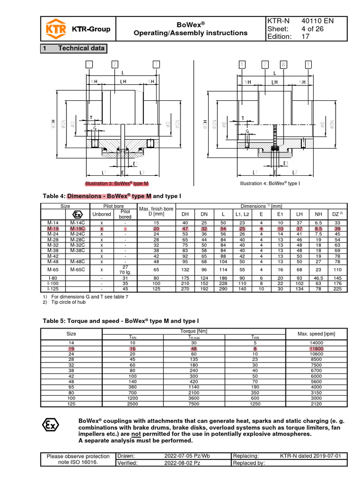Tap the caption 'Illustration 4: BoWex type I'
tap(270, 183)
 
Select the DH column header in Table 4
tap(186, 214)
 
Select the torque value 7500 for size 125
tap(196, 403)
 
